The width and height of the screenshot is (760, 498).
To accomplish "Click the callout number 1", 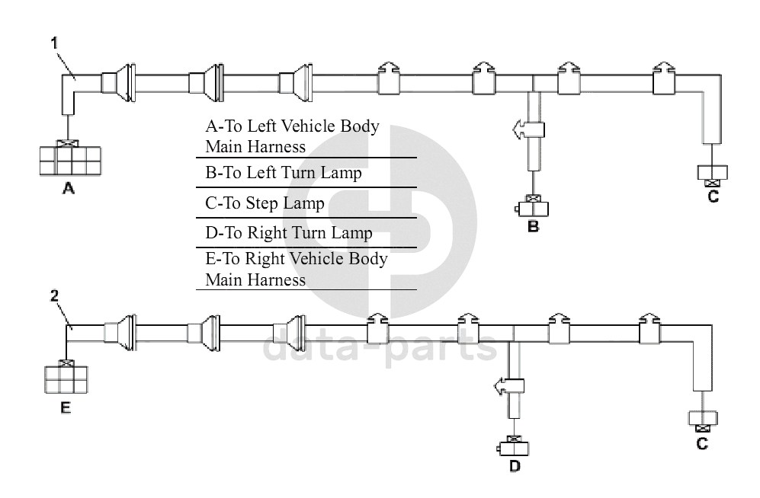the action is (54, 43).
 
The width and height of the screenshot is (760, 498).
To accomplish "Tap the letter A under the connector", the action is (68, 190).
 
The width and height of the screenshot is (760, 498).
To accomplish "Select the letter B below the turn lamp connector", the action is (534, 226).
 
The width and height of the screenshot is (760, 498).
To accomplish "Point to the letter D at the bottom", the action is (515, 465).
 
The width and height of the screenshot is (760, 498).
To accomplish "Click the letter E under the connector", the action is (66, 407).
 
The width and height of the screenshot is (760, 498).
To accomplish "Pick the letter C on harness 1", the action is (713, 196).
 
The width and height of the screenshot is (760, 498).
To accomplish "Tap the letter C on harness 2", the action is (702, 443).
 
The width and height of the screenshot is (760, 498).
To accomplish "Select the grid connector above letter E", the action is (66, 378).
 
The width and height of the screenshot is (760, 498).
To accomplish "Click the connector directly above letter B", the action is (534, 206).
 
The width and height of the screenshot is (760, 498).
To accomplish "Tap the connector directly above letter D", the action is (515, 446).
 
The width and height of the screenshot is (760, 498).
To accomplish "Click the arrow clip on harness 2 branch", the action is (509, 387).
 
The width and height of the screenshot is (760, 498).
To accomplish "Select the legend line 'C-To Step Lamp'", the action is (265, 203).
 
